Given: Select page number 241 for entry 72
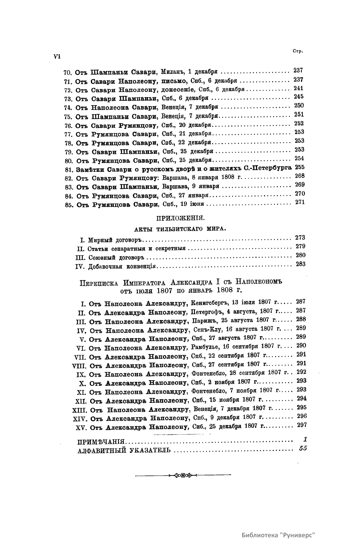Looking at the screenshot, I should (x=299, y=88).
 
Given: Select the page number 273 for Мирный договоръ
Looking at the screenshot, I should (x=300, y=238).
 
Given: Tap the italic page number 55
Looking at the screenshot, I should (x=303, y=449).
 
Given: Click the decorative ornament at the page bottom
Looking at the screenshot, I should (x=183, y=475).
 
